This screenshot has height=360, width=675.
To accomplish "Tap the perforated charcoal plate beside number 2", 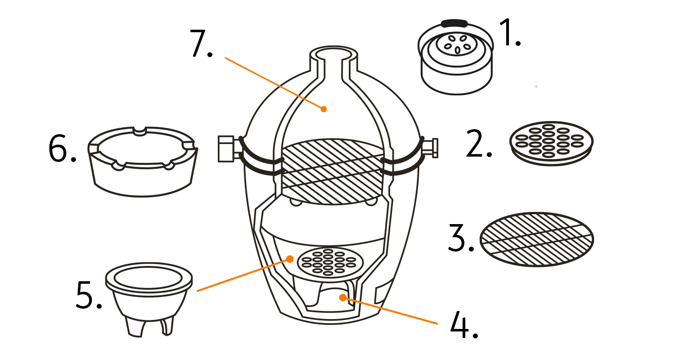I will tap(551, 142).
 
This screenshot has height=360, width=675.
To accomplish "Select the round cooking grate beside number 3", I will tap(537, 238).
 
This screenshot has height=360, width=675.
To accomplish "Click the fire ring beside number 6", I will tap(142, 162).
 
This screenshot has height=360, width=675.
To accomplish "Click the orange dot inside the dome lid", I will tap(323, 108).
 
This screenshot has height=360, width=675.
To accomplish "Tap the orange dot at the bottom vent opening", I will tap(342, 297).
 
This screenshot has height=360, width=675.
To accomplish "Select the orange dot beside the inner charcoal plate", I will tap(290, 259).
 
